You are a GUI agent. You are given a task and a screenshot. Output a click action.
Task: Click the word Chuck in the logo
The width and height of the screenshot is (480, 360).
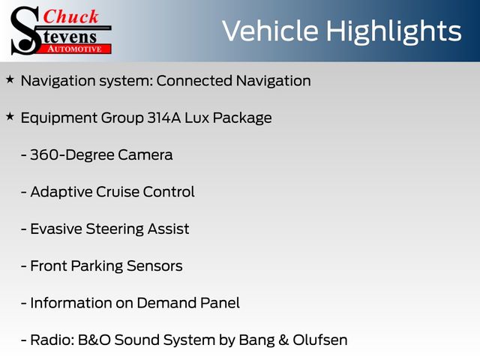coord(70,16)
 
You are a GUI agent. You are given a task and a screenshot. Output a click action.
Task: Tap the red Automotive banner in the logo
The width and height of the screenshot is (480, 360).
coord(74,49)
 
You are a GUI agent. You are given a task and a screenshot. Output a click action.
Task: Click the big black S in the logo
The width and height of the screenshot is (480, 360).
coord(25,31)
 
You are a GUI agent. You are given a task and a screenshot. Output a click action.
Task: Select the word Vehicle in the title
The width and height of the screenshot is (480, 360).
coord(270,31)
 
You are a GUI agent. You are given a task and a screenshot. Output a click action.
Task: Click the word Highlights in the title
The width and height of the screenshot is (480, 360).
coord(394,32)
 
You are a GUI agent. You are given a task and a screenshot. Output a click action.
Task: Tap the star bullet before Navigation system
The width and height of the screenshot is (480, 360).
coord(10,79)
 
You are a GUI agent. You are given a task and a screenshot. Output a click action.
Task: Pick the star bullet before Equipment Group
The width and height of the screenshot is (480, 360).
coord(10,117)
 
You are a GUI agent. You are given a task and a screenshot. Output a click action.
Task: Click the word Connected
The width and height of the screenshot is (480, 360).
coord(194,81)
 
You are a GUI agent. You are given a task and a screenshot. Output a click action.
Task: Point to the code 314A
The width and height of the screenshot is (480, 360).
coord(164,118)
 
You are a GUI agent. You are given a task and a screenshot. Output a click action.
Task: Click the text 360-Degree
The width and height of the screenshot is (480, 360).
coord(72,155)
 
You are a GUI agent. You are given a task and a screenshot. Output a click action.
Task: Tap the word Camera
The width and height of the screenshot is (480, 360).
coord(145,155)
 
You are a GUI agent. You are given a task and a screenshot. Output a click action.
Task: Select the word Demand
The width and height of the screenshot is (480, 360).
coord(166,303)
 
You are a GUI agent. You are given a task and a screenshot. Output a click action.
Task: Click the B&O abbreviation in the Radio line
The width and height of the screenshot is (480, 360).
coord(94,340)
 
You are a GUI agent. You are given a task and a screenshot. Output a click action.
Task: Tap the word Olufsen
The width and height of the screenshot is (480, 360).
coord(320,340)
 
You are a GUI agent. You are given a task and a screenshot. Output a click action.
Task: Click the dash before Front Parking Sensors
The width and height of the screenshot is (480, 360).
coord(23,266)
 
